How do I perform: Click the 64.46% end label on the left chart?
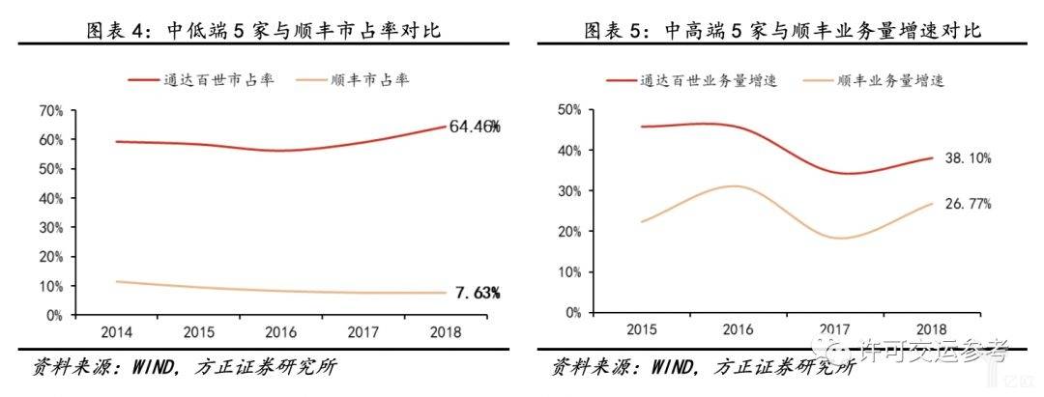(x=474, y=126)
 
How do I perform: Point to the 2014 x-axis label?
(x=95, y=334)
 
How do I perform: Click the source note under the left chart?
(x=185, y=368)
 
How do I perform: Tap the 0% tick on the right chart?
(x=573, y=312)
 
